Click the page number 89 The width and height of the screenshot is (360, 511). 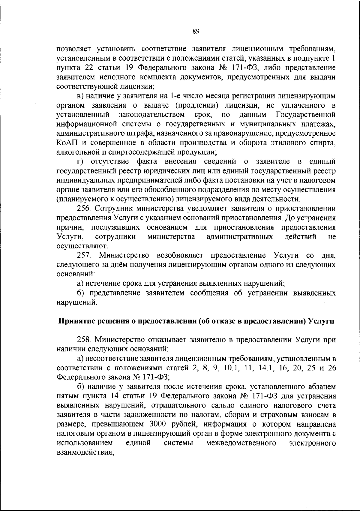[196, 31]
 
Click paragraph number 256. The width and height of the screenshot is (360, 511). [84, 209]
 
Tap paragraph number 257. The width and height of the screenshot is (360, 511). [84, 256]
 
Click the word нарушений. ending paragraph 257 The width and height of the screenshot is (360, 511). [77, 302]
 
